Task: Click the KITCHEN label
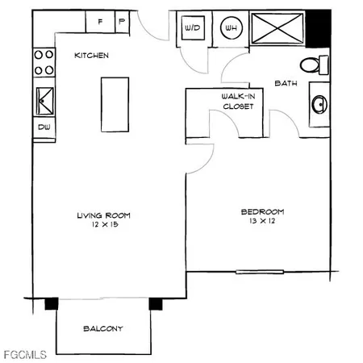91,55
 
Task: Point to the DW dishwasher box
43,127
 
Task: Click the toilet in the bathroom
313,65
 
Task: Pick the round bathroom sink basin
318,104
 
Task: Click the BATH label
287,83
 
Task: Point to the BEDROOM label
258,213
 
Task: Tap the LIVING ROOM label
103,215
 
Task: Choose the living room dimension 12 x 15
103,225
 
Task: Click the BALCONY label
104,329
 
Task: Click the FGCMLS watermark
24,354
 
